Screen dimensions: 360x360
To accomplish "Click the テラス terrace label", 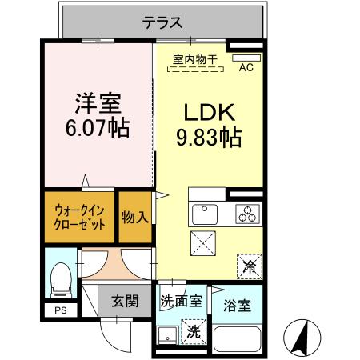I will [162, 22].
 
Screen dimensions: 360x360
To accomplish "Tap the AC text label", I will [246, 68].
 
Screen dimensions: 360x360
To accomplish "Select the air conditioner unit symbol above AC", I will [246, 58].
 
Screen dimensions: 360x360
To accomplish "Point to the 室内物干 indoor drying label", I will [195, 58].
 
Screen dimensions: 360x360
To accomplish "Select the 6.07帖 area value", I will [98, 128].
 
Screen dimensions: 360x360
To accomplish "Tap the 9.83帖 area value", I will [208, 138].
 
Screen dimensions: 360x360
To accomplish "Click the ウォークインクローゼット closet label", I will [80, 217].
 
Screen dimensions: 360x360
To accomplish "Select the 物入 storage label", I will [134, 217].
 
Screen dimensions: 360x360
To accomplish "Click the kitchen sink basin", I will [205, 214].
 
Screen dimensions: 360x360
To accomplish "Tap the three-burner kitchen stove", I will [247, 214].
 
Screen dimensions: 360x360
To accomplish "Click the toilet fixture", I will [58, 279].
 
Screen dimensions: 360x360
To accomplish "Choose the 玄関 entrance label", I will [124, 302].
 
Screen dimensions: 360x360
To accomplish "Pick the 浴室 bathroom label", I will [237, 305].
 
